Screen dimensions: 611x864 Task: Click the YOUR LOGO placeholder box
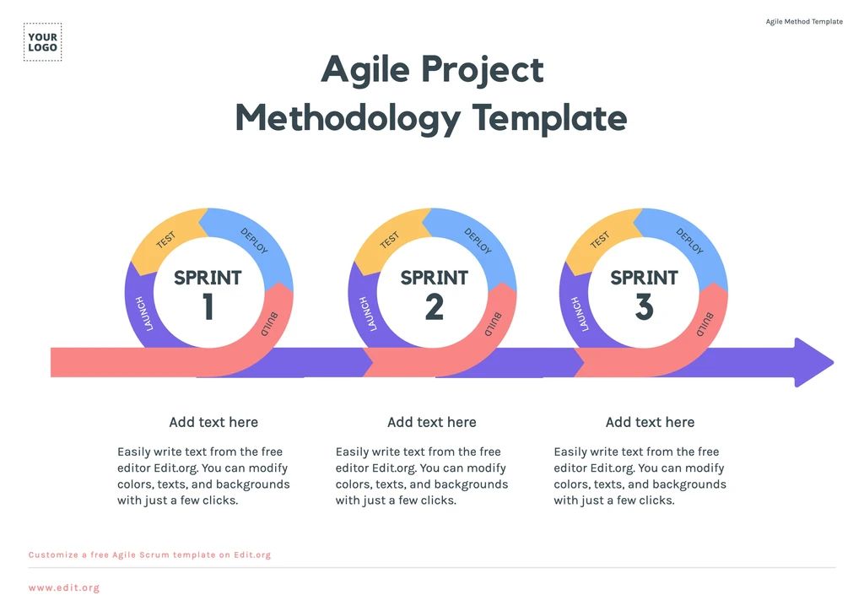[42, 42]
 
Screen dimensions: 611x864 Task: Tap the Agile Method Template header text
[803, 22]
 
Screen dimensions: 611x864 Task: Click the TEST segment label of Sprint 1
[166, 240]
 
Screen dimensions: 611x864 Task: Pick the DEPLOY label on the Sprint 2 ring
[478, 241]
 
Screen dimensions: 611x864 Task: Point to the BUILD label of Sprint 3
[704, 325]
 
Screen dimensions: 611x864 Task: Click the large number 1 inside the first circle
[208, 307]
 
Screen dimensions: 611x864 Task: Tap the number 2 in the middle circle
[434, 307]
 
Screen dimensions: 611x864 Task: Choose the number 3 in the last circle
[644, 307]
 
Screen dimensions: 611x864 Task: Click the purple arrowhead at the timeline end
[812, 363]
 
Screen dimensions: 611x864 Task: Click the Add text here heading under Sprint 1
[213, 422]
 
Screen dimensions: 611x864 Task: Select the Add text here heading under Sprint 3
[650, 422]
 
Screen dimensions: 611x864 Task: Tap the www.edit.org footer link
[64, 587]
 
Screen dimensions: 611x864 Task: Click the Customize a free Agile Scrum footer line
[149, 555]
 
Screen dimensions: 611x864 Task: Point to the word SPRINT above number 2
[434, 278]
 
